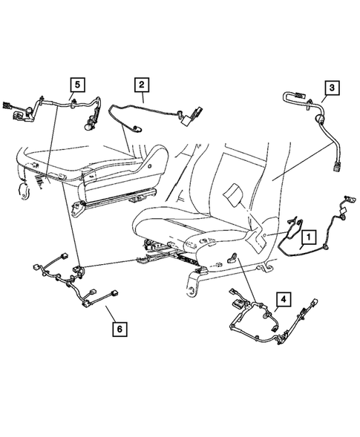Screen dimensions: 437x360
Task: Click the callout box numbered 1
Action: pos(308,237)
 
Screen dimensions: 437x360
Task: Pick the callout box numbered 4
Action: pos(282,300)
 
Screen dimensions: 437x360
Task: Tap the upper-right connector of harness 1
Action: pos(345,203)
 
